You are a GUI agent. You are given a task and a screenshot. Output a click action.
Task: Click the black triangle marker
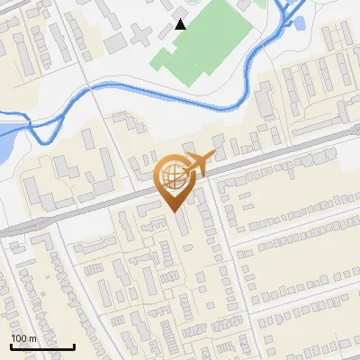click(x=181, y=24)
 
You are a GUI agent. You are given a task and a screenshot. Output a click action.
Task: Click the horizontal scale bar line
click(x=42, y=346)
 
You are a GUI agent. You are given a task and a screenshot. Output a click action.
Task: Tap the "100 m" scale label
click(x=23, y=338)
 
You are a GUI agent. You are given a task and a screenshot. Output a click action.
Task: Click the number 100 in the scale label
click(x=19, y=338)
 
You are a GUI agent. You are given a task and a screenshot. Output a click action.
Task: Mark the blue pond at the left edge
click(x=4, y=143)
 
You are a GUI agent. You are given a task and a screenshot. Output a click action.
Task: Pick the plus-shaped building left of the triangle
click(x=140, y=36)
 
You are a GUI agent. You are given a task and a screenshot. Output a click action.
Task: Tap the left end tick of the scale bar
click(x=11, y=345)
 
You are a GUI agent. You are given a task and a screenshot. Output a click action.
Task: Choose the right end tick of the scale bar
click(x=74, y=345)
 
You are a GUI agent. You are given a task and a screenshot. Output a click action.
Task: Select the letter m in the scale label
click(x=32, y=338)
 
